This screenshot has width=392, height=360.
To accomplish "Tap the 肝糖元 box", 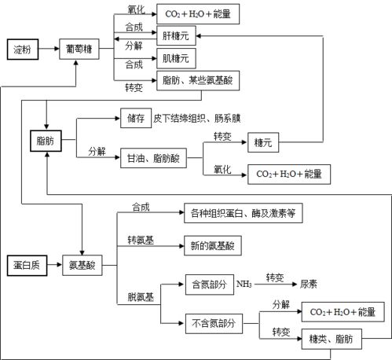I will (176, 35).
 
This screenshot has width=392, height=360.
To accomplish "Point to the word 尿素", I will (309, 283).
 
